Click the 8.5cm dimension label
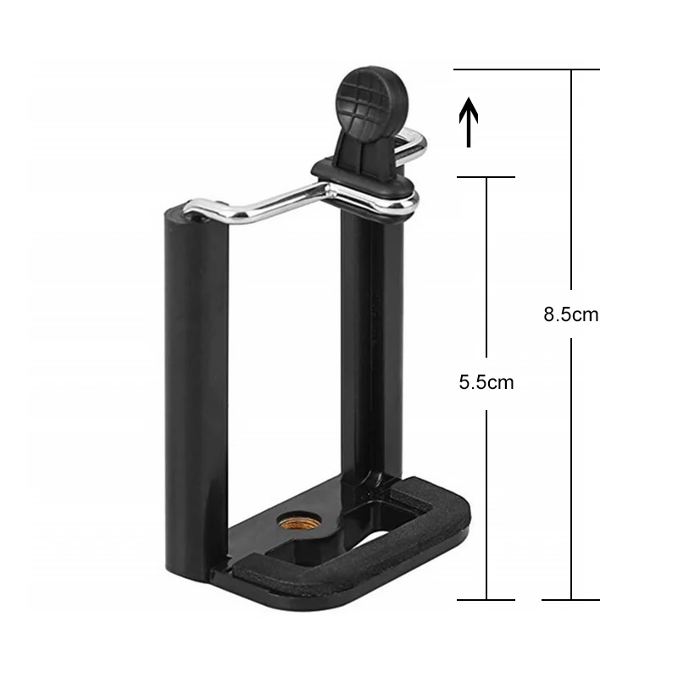pyautogui.click(x=571, y=314)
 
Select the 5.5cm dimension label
pyautogui.click(x=486, y=382)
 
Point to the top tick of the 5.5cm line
pyautogui.click(x=486, y=177)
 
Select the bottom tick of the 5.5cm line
pyautogui.click(x=486, y=600)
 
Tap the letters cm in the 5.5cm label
pyautogui.click(x=502, y=382)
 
